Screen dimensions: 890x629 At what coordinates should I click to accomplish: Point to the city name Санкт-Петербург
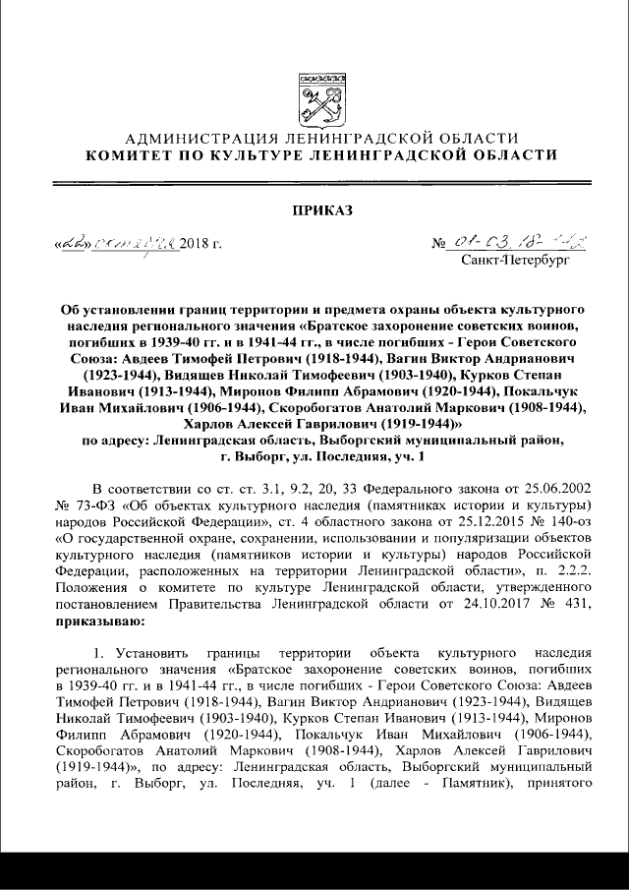513,262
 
